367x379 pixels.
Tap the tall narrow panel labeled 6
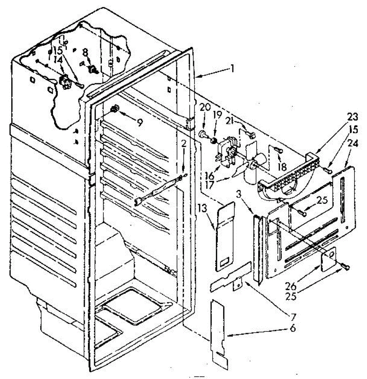click(218, 328)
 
